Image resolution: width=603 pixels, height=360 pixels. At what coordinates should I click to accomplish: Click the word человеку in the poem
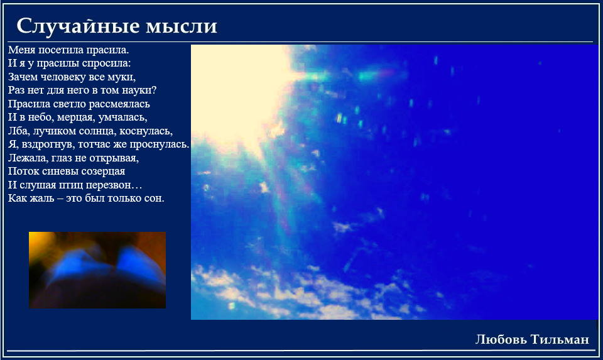63,77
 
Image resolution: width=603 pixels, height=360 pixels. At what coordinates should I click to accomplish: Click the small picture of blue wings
97,270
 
